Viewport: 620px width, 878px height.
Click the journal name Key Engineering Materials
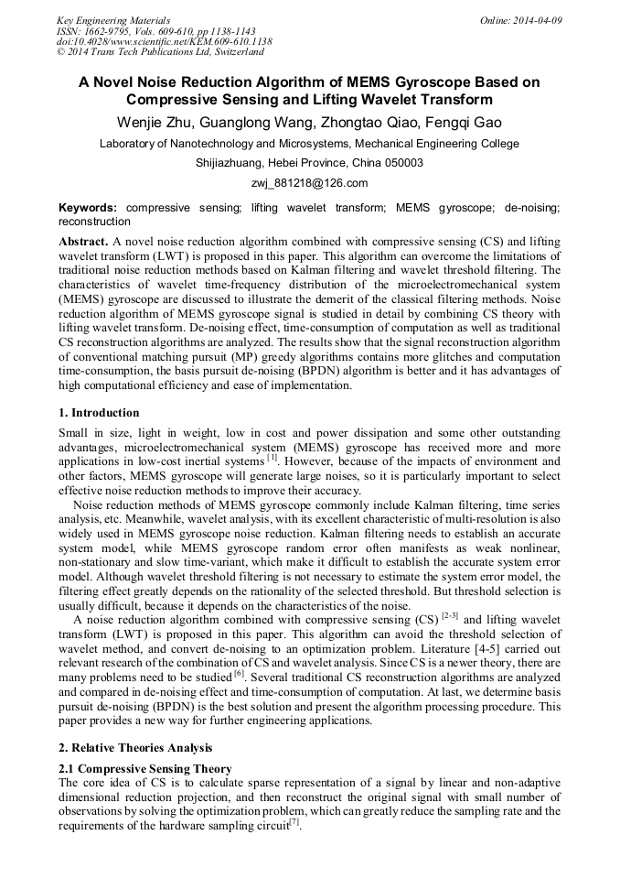(113, 20)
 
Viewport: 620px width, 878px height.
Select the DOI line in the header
(164, 42)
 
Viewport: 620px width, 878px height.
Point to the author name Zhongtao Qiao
(360, 123)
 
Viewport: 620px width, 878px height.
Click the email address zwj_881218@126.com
(309, 183)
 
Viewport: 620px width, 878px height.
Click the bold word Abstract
(82, 240)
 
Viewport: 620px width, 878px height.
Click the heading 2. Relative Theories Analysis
(135, 748)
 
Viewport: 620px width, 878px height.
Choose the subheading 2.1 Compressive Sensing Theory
(144, 768)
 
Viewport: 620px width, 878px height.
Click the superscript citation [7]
(294, 821)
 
